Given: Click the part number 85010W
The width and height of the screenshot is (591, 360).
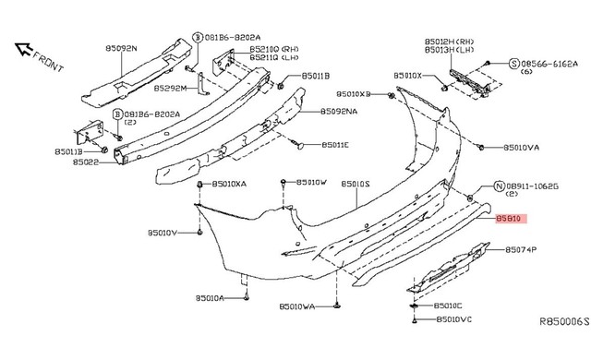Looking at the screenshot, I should (312, 182).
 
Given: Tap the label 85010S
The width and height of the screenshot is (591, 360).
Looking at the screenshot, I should (355, 185).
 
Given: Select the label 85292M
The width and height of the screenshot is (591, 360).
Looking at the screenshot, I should (171, 89).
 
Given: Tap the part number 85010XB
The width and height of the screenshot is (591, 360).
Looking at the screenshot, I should (353, 94).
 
